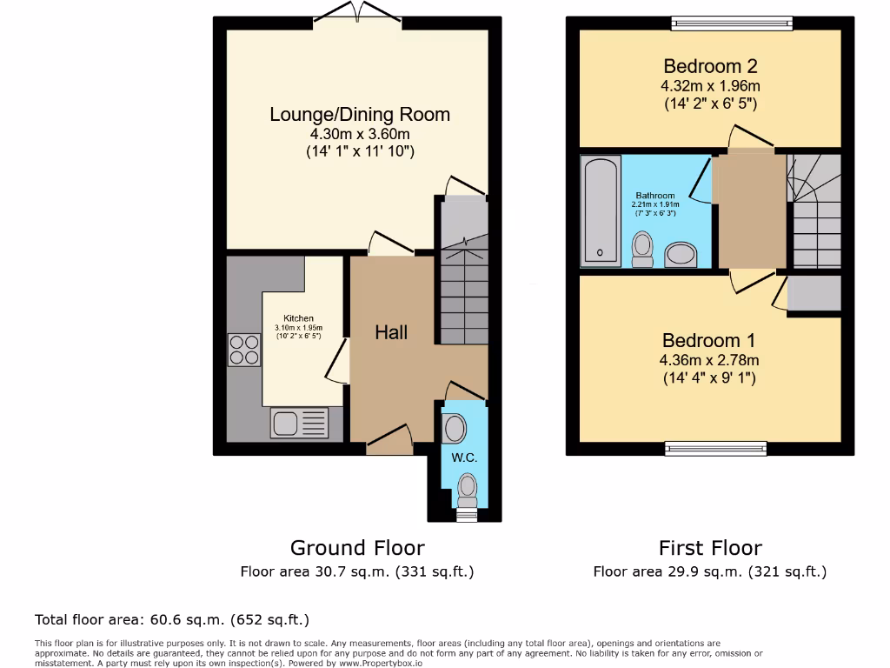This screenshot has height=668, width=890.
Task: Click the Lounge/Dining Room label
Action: [360, 115]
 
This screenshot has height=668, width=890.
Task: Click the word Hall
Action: [391, 332]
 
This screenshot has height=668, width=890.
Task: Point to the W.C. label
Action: [464, 458]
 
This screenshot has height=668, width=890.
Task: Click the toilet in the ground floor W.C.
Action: [468, 489]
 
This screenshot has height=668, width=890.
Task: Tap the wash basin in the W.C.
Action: [454, 428]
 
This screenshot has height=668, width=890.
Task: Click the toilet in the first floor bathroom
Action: [643, 249]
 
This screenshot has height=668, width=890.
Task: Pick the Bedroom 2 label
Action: [710, 66]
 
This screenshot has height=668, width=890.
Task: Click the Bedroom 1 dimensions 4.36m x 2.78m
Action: [710, 361]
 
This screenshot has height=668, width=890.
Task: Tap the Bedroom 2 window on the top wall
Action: [731, 23]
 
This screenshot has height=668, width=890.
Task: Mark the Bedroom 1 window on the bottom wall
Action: [716, 449]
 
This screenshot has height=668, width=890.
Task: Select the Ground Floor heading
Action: [357, 548]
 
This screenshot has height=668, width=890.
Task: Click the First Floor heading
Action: [710, 548]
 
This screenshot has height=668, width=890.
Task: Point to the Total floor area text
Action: [171, 620]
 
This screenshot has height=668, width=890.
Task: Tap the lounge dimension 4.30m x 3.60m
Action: [360, 135]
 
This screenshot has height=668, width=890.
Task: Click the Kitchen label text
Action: [299, 318]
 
